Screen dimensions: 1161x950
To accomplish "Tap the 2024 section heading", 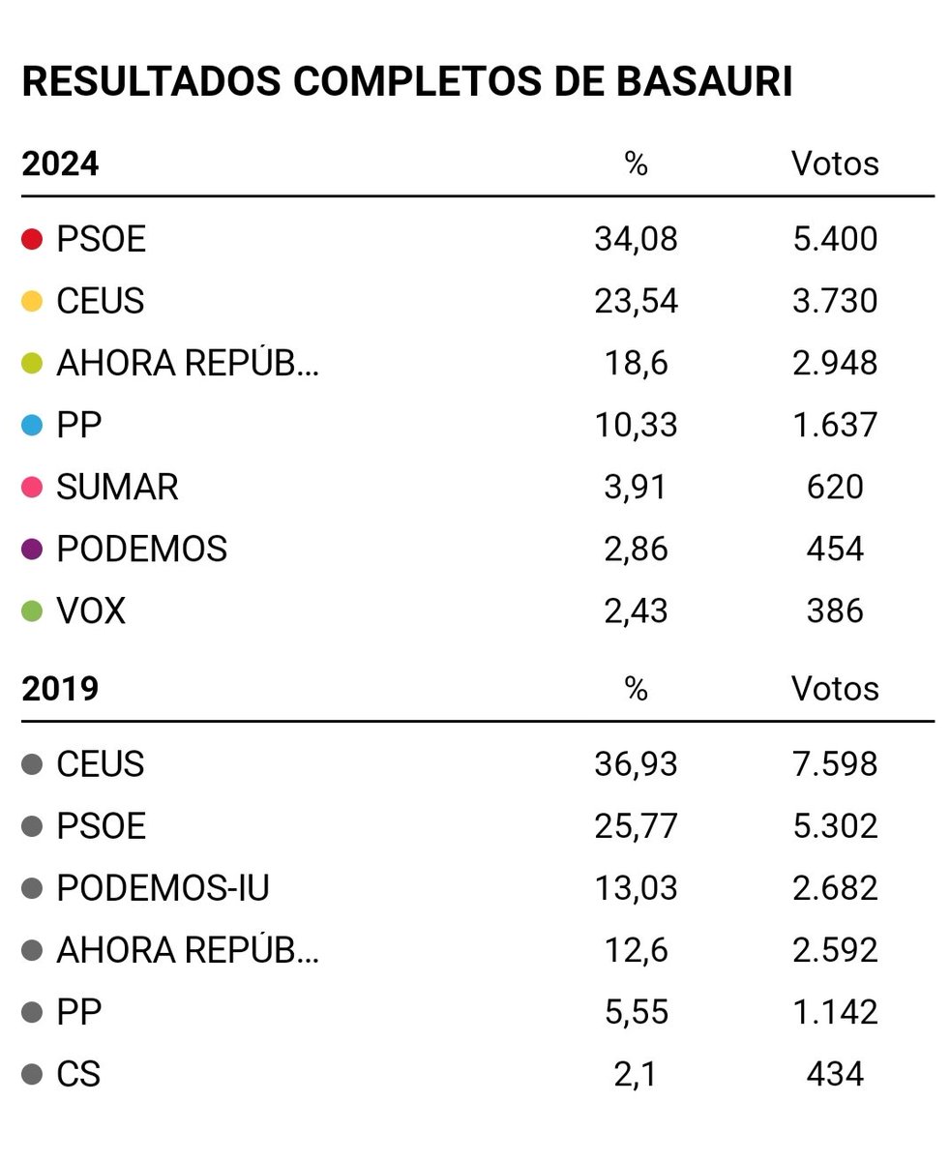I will click(60, 164).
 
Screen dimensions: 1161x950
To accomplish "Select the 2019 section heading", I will click(60, 689).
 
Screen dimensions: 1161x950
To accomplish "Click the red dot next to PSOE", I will click(32, 239).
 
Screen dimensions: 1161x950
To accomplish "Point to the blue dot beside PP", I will click(32, 425).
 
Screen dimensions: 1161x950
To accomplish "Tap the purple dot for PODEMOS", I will click(32, 549).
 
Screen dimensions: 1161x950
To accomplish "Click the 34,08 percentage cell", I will click(636, 239).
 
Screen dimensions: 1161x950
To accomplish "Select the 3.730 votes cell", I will click(835, 301).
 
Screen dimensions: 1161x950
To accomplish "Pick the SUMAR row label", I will click(117, 487).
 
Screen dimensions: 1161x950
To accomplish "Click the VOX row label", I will click(91, 610).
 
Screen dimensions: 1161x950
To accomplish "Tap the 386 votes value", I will click(835, 610).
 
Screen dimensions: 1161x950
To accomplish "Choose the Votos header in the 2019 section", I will click(835, 689).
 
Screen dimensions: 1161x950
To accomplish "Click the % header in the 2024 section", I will click(636, 164).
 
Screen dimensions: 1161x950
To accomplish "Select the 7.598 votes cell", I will click(835, 764).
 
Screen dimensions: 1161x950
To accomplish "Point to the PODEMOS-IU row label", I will click(163, 888).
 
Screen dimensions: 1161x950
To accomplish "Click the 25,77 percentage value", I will click(636, 826).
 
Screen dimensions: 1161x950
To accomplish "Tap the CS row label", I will click(78, 1074).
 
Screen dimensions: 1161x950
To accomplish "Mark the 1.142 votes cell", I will click(835, 1012).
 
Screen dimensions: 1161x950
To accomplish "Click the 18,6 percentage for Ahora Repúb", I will click(636, 363).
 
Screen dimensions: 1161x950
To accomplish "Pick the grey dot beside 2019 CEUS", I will click(32, 764).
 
